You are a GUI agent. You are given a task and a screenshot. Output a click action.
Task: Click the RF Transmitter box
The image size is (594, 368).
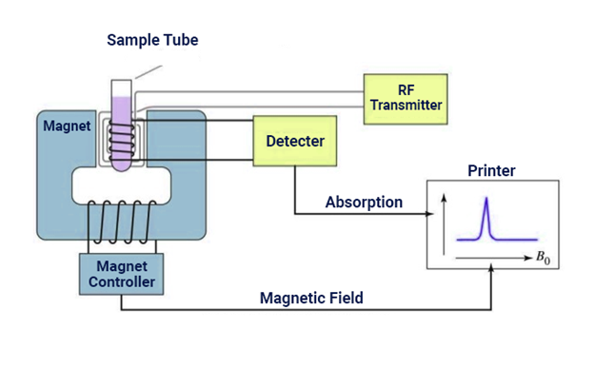tap(406, 97)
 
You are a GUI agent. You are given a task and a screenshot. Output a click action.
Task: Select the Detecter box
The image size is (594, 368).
tap(295, 142)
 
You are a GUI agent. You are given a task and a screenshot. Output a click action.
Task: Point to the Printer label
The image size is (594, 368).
tap(491, 171)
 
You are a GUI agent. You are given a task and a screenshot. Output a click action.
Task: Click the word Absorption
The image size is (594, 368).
tap(364, 203)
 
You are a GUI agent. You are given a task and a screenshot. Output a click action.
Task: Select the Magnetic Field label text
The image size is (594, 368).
tap(311, 299)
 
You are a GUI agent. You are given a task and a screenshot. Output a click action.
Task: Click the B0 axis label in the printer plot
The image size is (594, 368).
tap(541, 258)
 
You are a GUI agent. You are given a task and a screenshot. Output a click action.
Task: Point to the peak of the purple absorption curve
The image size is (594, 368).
tap(486, 199)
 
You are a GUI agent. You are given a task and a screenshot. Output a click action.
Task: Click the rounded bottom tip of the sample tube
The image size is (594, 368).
tap(122, 166)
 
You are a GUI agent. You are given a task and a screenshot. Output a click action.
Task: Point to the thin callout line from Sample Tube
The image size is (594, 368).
tap(148, 71)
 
